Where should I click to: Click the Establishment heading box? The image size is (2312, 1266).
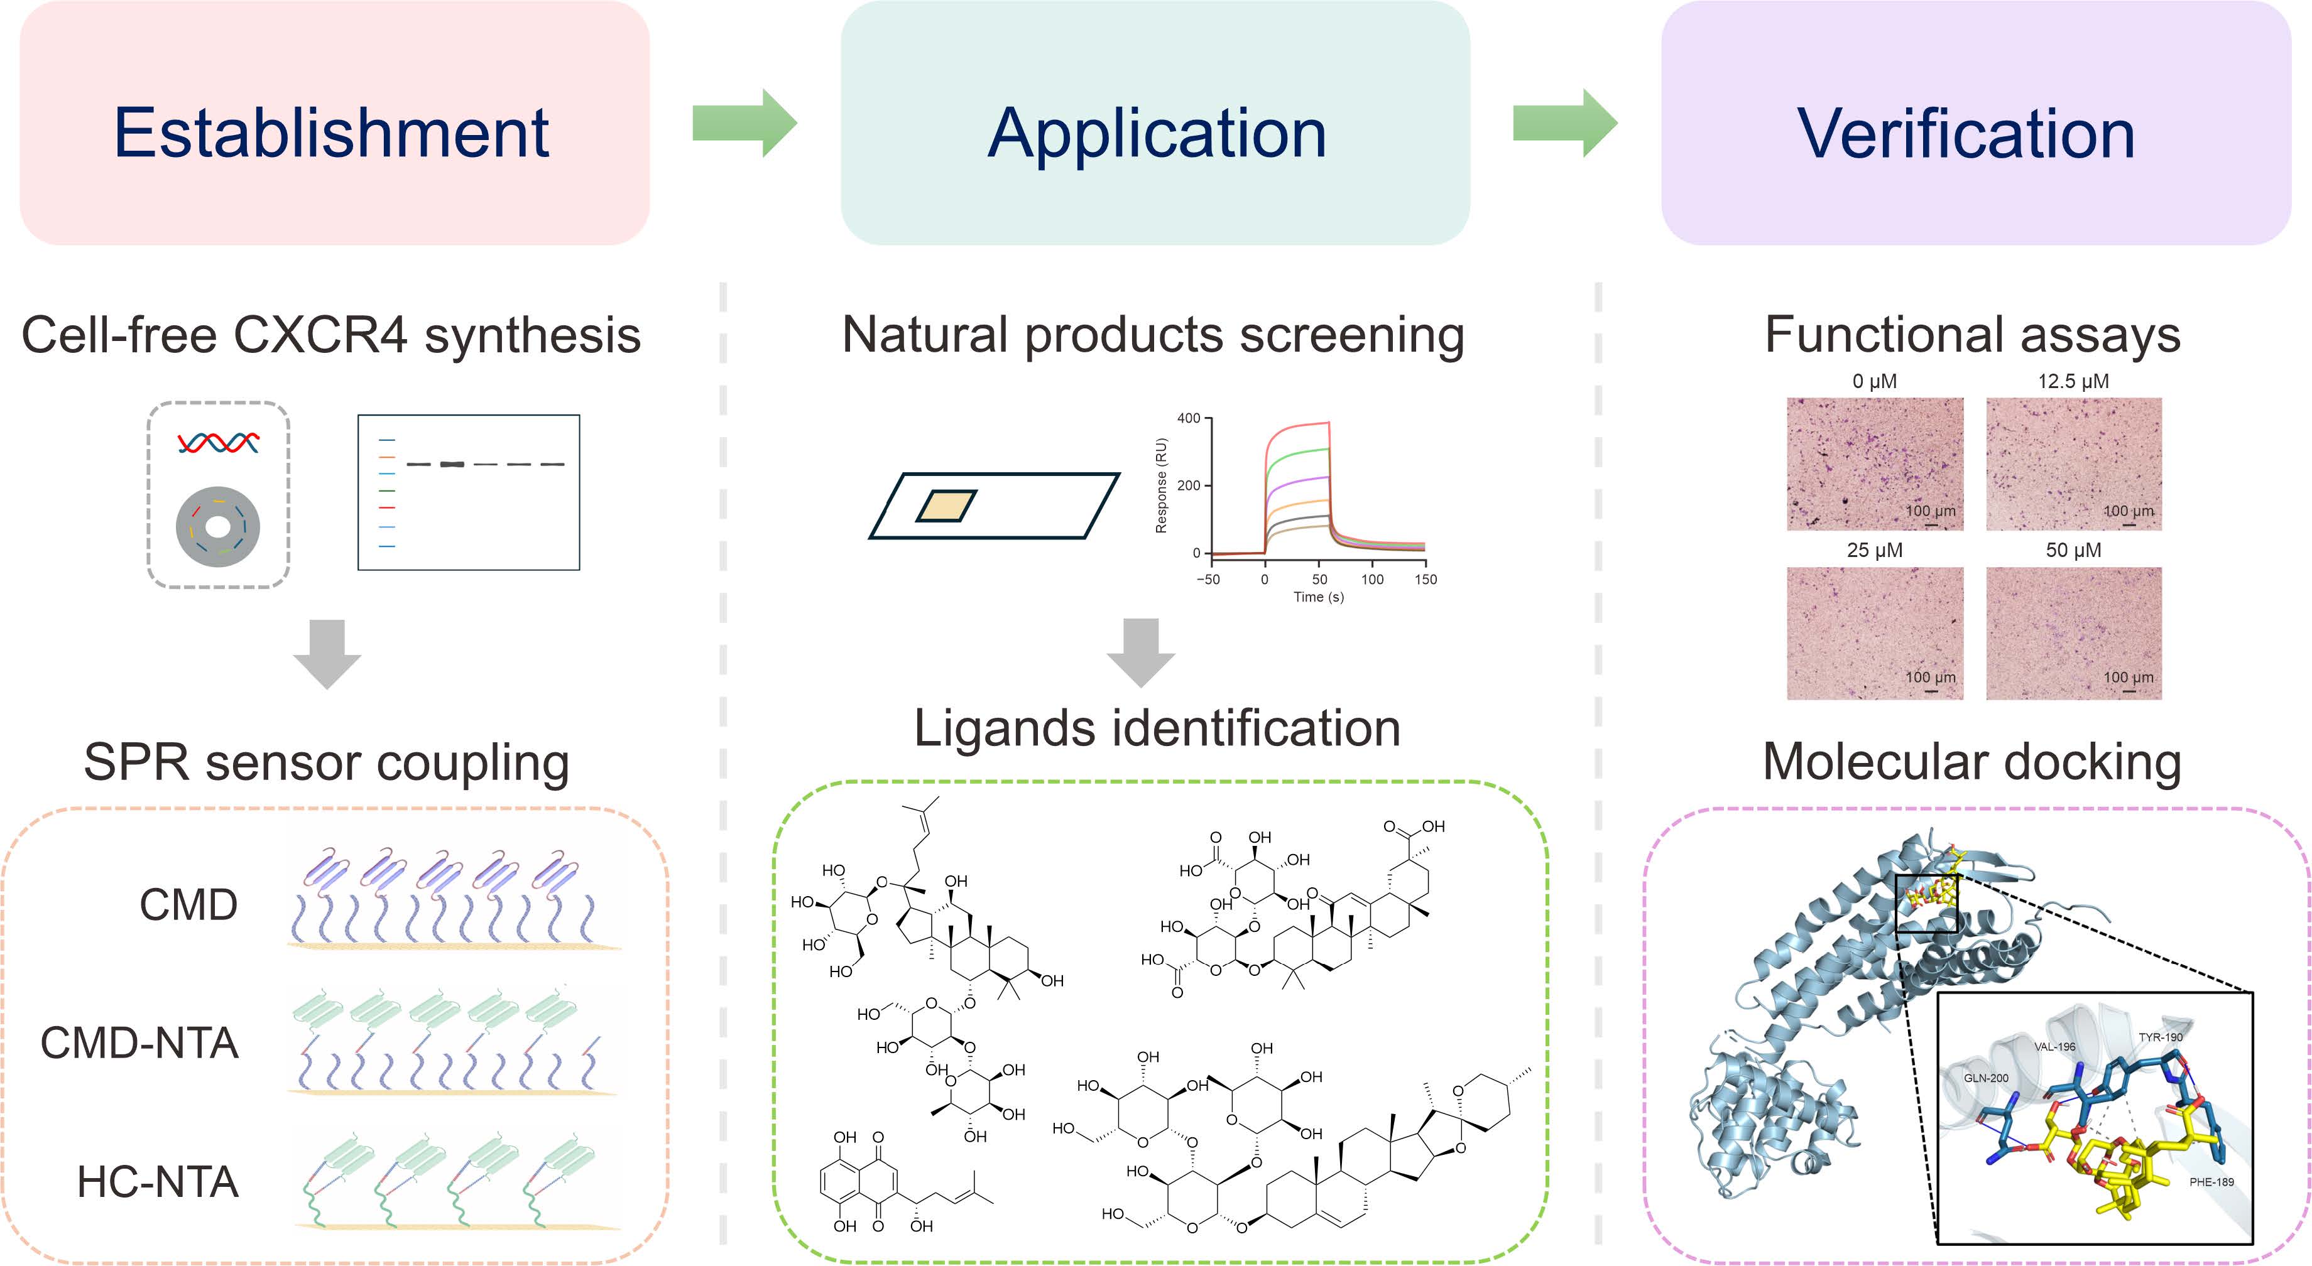click(334, 124)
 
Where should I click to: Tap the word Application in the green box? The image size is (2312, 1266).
click(1156, 133)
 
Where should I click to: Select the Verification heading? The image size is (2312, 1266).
click(1966, 133)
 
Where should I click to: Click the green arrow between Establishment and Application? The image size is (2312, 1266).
click(744, 123)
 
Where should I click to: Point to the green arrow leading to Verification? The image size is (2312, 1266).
click(1564, 123)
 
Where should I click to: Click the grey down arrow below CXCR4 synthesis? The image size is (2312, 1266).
click(327, 653)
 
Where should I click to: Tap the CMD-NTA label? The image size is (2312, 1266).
click(139, 1042)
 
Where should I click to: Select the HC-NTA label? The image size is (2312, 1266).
click(158, 1182)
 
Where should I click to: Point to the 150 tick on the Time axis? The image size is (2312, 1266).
click(1426, 580)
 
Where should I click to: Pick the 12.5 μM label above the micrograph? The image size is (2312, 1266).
click(2073, 381)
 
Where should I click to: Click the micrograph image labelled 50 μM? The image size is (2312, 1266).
click(2073, 632)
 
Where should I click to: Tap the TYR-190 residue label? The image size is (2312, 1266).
click(2161, 1037)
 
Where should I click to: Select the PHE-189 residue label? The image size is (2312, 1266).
click(2211, 1182)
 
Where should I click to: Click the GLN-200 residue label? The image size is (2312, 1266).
click(1986, 1078)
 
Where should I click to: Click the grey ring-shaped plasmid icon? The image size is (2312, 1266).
click(218, 527)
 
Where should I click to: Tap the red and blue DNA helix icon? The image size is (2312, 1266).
click(218, 442)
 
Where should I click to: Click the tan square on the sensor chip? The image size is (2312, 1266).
click(946, 505)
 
